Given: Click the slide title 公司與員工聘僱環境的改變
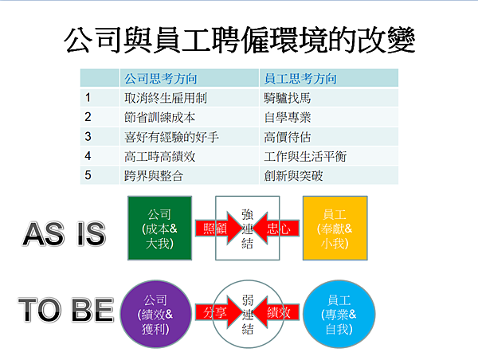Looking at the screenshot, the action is tap(240, 40).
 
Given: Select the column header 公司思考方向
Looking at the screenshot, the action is tap(161, 79).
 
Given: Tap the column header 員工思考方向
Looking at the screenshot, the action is tap(300, 79).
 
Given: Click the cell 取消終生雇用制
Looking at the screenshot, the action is tap(166, 98).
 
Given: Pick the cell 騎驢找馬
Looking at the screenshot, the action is tap(288, 98).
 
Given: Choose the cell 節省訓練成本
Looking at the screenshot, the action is tap(160, 117).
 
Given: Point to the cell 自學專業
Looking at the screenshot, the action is tap(288, 117).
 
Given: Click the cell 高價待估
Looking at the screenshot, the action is tap(288, 137).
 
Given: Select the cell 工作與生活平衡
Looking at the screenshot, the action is tap(305, 156).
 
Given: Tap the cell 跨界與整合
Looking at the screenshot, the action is tap(154, 175).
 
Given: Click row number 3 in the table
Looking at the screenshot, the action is tap(88, 136).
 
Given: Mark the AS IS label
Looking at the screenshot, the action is tap(64, 234).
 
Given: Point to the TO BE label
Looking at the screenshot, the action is tap(66, 310).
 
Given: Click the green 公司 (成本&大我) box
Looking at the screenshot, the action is tap(160, 228).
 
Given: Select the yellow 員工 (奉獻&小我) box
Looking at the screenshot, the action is tap(335, 228).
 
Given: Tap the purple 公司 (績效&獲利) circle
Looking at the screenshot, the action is tap(156, 314).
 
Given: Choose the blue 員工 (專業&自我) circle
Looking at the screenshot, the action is tap(339, 314).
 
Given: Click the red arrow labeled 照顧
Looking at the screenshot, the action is tap(219, 229).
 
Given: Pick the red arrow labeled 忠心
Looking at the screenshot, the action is tap(276, 229).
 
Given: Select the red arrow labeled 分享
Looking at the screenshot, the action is tap(219, 312).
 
